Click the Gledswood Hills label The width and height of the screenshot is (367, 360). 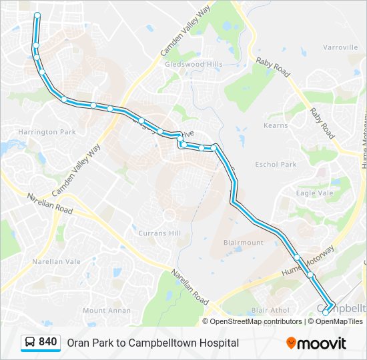click(194, 64)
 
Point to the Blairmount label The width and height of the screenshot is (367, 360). click(244, 243)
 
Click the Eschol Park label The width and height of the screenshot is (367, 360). click(276, 164)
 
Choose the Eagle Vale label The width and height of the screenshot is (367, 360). click(315, 193)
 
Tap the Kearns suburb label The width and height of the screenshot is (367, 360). click(276, 125)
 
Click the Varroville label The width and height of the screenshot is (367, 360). click(340, 47)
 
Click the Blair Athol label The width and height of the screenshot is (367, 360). click(270, 311)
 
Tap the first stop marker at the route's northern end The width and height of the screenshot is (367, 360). click(37, 15)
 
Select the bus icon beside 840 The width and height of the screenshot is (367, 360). click(30, 343)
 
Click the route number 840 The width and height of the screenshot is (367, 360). click(48, 342)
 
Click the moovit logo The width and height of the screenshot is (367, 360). click(316, 343)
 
